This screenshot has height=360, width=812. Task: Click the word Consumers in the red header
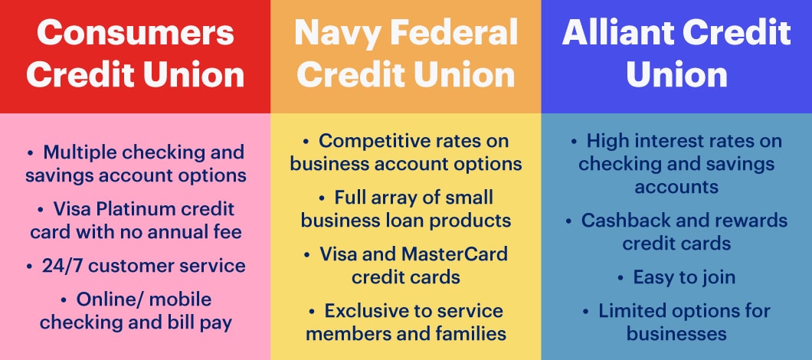click(135, 33)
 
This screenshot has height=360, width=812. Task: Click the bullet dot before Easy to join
click(620, 278)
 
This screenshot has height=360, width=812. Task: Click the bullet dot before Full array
click(322, 198)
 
